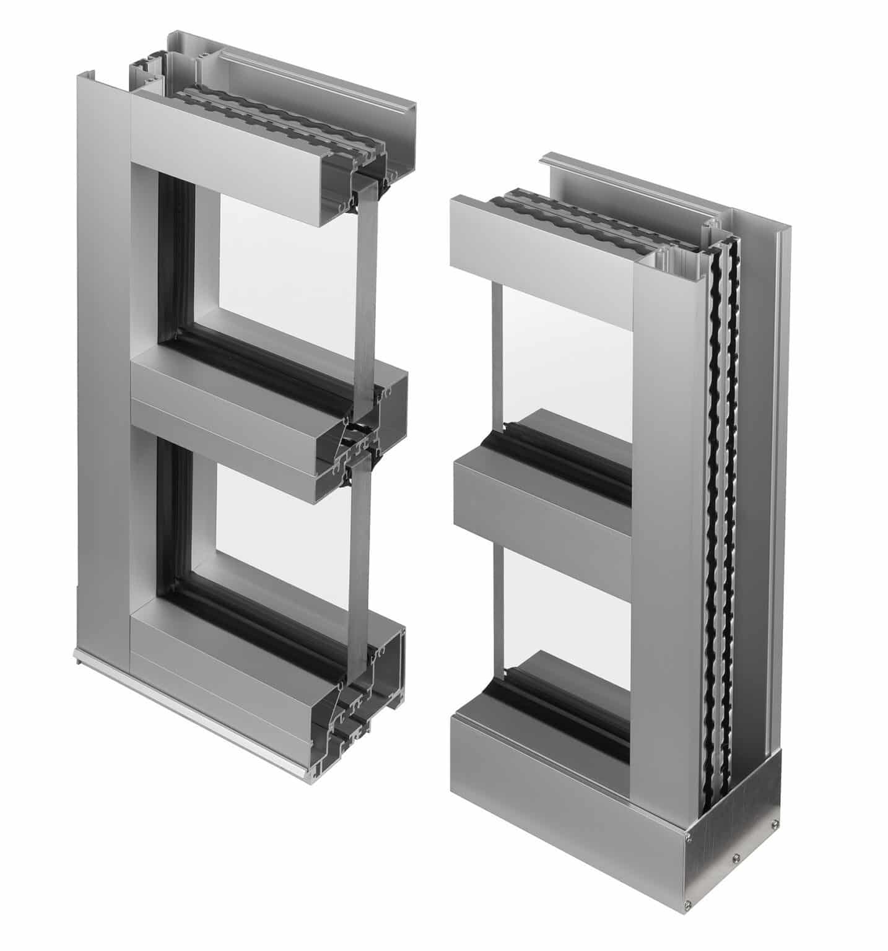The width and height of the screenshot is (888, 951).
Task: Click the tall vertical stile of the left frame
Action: click(x=102, y=371)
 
